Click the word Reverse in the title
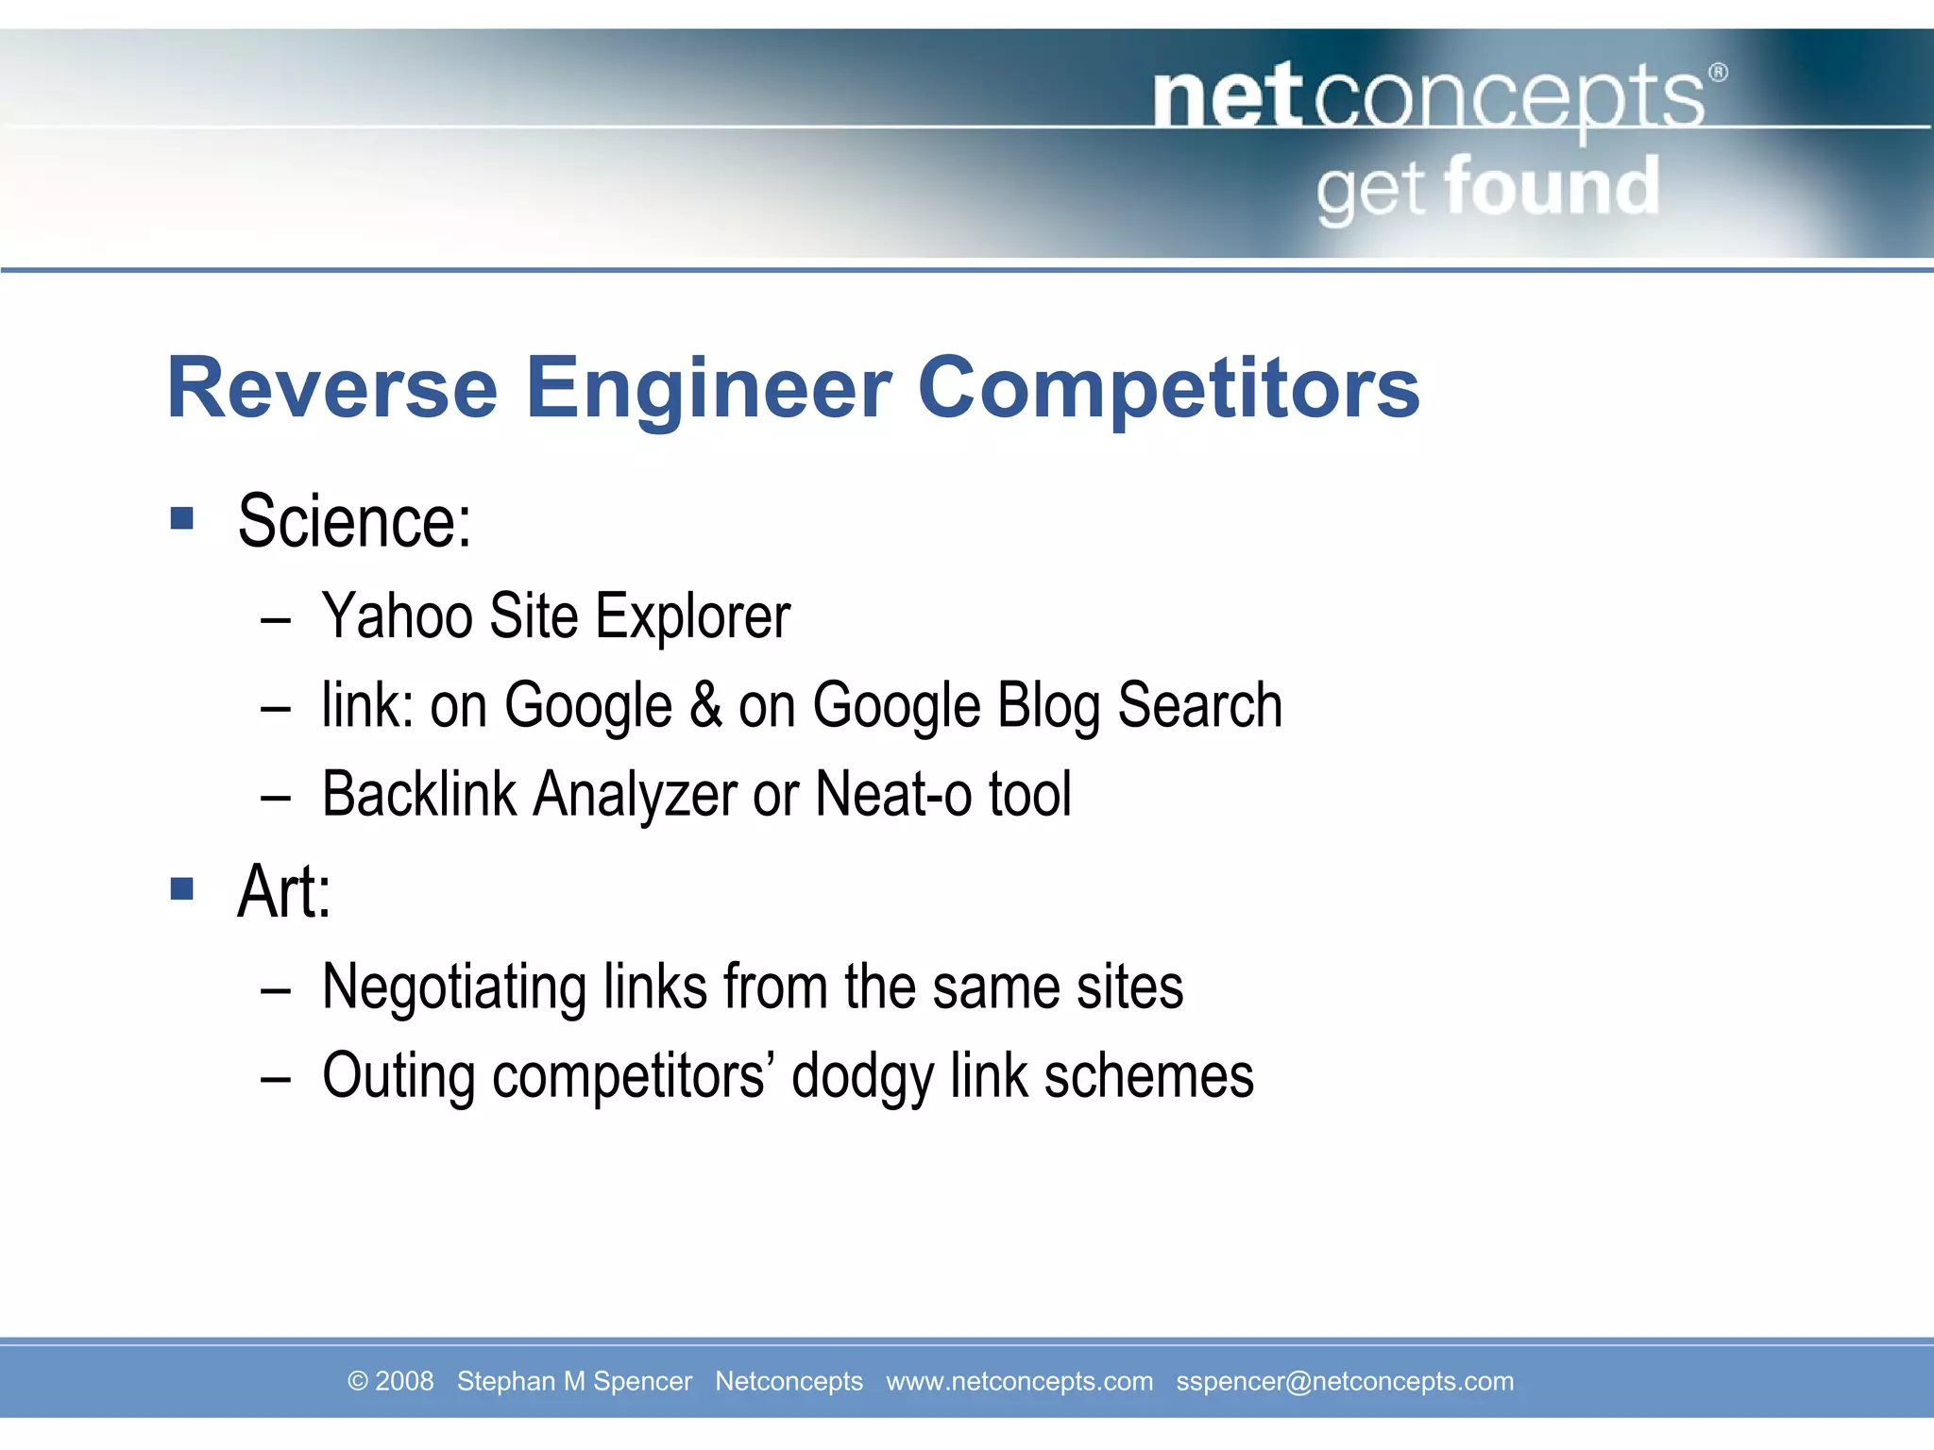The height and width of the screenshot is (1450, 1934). [x=331, y=388]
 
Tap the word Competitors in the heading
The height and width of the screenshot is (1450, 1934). [x=1168, y=388]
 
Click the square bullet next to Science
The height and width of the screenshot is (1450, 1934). [x=182, y=517]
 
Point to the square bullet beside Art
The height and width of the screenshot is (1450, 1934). [x=182, y=888]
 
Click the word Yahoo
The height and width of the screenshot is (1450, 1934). [x=397, y=616]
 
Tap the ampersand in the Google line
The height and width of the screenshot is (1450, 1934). [x=705, y=705]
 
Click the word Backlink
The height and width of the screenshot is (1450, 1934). [x=419, y=794]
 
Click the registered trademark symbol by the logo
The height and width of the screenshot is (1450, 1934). [x=1718, y=73]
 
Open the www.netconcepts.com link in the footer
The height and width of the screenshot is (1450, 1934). [x=1019, y=1381]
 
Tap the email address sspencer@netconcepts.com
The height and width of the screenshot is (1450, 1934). [x=1344, y=1381]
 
